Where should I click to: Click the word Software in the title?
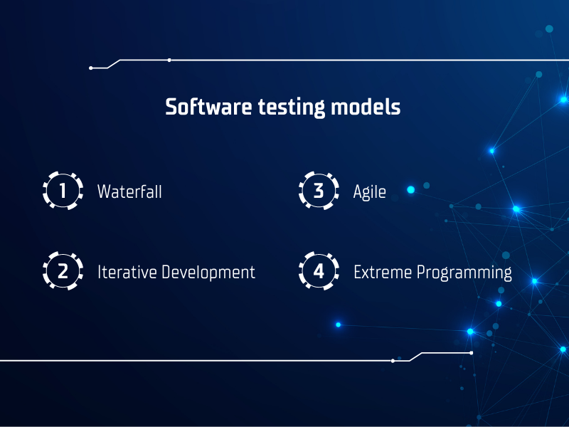[x=208, y=107]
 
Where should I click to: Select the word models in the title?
[x=366, y=107]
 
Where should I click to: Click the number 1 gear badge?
[x=63, y=191]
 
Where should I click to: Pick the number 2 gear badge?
[x=63, y=271]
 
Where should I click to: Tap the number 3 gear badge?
[x=319, y=191]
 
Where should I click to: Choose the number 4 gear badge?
[x=319, y=271]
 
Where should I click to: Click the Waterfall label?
[x=129, y=191]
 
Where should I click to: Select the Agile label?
[x=369, y=192]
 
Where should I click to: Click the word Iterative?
[x=127, y=272]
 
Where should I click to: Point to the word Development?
[x=208, y=273]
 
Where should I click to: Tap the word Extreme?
[x=383, y=272]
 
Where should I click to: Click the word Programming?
[x=464, y=273]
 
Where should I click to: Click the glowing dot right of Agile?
[x=411, y=189]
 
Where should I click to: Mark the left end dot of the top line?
[x=91, y=68]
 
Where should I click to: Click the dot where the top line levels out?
[x=169, y=60]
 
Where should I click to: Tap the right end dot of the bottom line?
[x=472, y=353]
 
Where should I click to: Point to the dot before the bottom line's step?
[x=393, y=361]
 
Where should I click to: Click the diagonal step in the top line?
[x=114, y=64]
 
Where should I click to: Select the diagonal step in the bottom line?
[x=415, y=357]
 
